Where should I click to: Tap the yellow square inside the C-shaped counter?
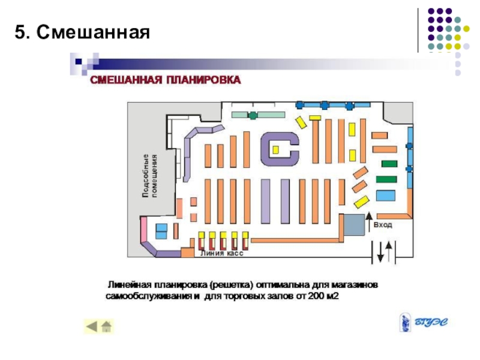[275, 149]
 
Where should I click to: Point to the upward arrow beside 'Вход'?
[369, 220]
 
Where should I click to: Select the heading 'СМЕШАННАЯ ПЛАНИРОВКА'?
[166, 80]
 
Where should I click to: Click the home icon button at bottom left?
[107, 326]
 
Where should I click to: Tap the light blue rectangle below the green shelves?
[385, 196]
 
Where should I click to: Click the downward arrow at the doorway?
[380, 253]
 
